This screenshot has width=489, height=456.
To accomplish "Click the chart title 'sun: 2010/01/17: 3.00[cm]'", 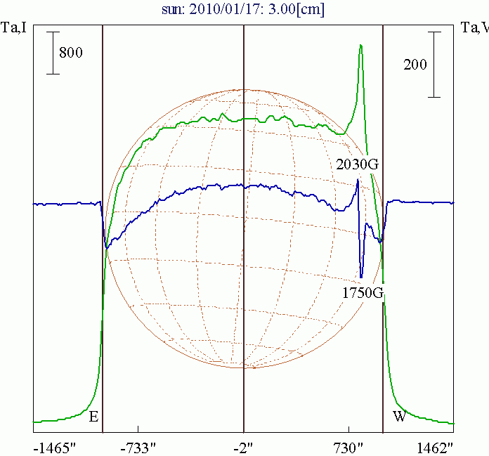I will pyautogui.click(x=244, y=10).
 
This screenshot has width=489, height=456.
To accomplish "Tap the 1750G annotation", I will pyautogui.click(x=363, y=293).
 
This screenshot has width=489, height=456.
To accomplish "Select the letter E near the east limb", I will pyautogui.click(x=93, y=417).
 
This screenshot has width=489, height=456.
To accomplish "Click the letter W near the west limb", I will pyautogui.click(x=399, y=417).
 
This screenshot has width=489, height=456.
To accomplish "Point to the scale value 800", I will pyautogui.click(x=71, y=52).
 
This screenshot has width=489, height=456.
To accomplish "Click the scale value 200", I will pyautogui.click(x=415, y=65).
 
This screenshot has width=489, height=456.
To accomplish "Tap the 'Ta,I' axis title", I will pyautogui.click(x=15, y=27).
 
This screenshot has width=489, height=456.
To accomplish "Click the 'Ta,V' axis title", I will pyautogui.click(x=474, y=27).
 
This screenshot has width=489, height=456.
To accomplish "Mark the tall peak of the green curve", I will pyautogui.click(x=360, y=46).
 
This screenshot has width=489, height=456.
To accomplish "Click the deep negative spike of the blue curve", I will pyautogui.click(x=361, y=276).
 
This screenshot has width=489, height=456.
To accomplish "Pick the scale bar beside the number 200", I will pyautogui.click(x=436, y=64).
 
